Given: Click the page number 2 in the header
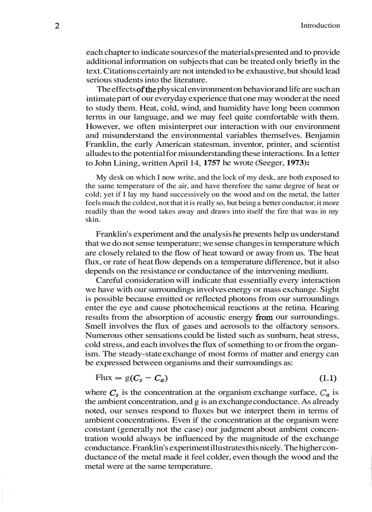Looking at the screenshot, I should click(x=57, y=26).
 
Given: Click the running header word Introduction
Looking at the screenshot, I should click(x=320, y=26).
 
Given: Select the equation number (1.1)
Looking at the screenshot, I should click(x=327, y=378).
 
